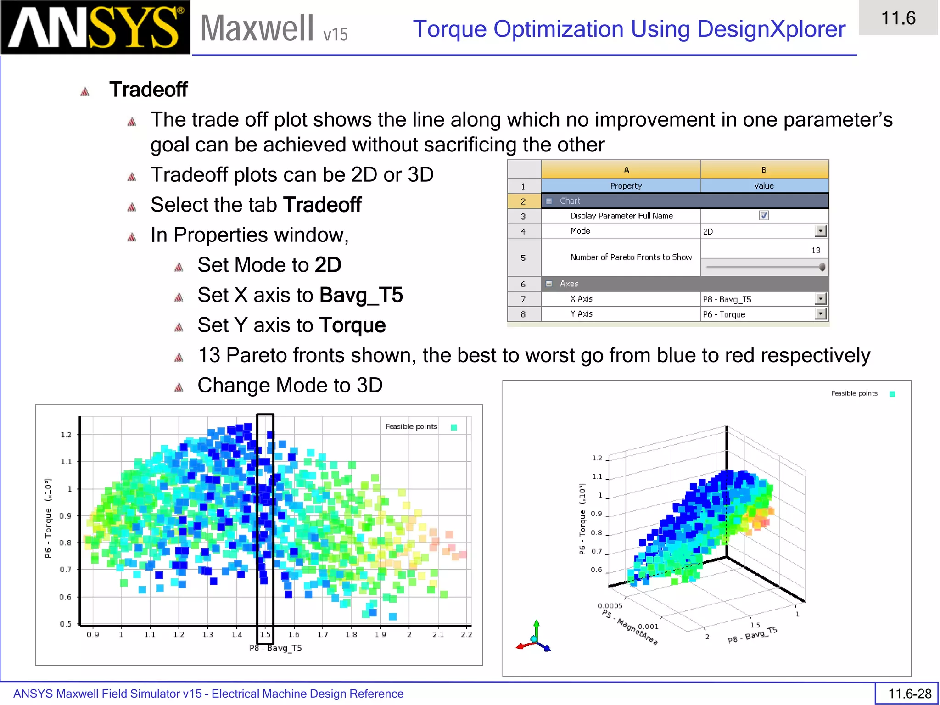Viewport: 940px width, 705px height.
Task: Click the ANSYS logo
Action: click(95, 28)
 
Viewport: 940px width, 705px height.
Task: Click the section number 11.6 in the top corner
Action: click(898, 18)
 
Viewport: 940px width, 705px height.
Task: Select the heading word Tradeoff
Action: click(148, 90)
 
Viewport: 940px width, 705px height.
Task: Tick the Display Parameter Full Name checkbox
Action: click(764, 216)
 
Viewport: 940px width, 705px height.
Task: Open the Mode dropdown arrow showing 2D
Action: click(821, 231)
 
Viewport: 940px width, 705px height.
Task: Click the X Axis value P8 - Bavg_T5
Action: click(727, 299)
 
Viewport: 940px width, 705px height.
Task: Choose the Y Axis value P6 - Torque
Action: click(724, 314)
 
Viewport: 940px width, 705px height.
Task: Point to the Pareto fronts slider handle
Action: click(822, 267)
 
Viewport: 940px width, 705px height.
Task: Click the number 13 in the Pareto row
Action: click(816, 251)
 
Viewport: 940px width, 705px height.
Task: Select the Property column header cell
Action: click(626, 186)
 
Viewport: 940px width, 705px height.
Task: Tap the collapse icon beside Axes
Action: click(548, 284)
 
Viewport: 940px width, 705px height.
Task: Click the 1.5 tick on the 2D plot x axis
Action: click(265, 635)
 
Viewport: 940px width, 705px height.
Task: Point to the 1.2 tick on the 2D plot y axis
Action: click(66, 435)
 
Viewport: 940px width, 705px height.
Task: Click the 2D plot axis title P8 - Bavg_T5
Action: click(275, 648)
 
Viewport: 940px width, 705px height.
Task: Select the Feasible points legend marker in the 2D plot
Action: click(454, 427)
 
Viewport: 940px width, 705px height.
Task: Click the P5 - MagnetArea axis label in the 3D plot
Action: click(630, 627)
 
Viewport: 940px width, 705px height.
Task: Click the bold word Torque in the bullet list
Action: click(352, 325)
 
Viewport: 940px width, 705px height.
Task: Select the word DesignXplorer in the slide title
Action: click(771, 29)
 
